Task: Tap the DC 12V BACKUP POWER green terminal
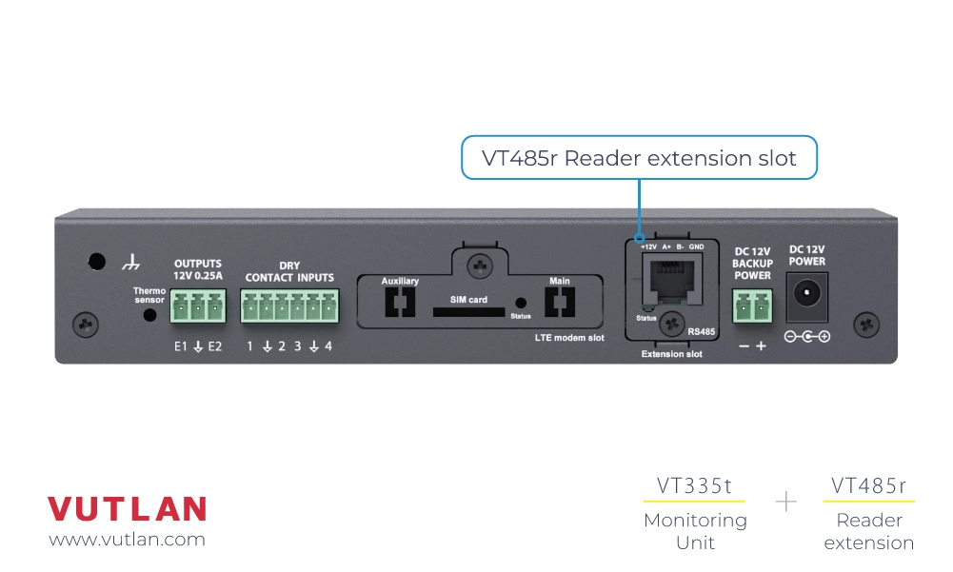pyautogui.click(x=752, y=307)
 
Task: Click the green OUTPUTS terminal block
pyautogui.click(x=199, y=307)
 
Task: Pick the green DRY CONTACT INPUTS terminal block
pyautogui.click(x=288, y=307)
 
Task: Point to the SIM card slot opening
pyautogui.click(x=469, y=311)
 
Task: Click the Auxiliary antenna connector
pyautogui.click(x=399, y=303)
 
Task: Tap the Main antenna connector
pyautogui.click(x=559, y=303)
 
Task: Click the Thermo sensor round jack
pyautogui.click(x=149, y=314)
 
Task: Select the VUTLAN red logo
pyautogui.click(x=127, y=509)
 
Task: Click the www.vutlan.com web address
pyautogui.click(x=127, y=539)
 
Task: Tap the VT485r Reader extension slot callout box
pyautogui.click(x=639, y=158)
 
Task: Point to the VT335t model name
pyautogui.click(x=694, y=486)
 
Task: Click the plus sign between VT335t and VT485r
pyautogui.click(x=786, y=502)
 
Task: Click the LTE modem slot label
pyautogui.click(x=569, y=337)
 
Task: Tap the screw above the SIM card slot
pyautogui.click(x=480, y=265)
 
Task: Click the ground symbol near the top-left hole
pyautogui.click(x=131, y=261)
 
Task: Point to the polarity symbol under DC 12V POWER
pyautogui.click(x=806, y=337)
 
